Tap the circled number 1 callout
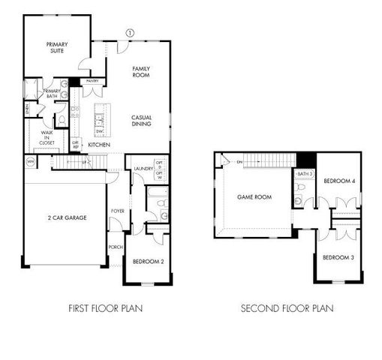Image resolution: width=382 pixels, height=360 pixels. [x=130, y=32]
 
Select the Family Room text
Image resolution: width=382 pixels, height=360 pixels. [x=142, y=72]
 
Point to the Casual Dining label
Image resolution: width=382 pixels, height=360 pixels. [x=142, y=121]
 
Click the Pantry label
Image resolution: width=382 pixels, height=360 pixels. [x=93, y=80]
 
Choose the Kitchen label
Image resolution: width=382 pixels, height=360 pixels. [x=100, y=144]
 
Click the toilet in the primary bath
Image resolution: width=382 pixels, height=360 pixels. [x=62, y=120]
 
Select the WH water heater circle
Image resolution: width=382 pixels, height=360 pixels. [x=31, y=162]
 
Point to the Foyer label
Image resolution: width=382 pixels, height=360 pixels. [x=118, y=211]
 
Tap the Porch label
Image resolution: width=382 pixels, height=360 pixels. [x=116, y=247]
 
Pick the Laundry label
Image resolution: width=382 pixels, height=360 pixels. [x=143, y=169]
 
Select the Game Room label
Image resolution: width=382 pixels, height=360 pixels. [x=254, y=197]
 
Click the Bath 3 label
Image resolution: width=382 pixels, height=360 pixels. [x=304, y=174]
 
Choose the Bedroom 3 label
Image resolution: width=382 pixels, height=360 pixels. [x=338, y=257]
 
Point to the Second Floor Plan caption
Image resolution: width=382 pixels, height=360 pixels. [x=287, y=307]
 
